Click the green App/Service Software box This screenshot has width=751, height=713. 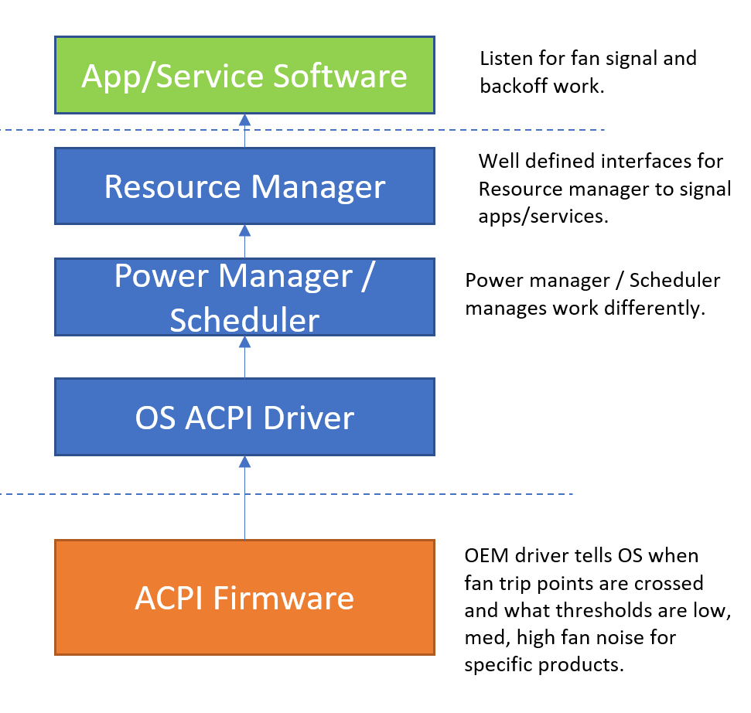(x=244, y=75)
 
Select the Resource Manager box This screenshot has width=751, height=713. (x=244, y=186)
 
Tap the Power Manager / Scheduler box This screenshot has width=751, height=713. (x=244, y=297)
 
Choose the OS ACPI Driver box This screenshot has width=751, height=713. (x=244, y=417)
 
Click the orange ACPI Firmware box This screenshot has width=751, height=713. (x=244, y=597)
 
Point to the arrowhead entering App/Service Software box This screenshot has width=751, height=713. (x=244, y=120)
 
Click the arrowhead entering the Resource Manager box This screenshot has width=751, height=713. (x=244, y=230)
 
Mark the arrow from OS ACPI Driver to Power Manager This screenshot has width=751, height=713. (x=244, y=356)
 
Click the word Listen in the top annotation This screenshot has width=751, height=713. (x=504, y=59)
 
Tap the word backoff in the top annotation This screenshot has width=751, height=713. (x=514, y=86)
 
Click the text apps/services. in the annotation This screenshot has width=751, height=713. (x=543, y=217)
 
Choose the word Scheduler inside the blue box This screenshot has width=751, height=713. (x=244, y=320)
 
